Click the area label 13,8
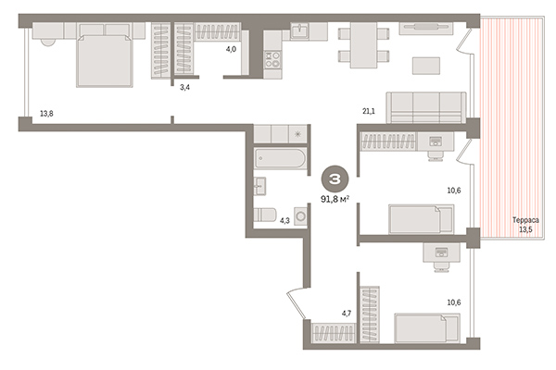(x=45, y=115)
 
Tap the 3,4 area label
(x=185, y=87)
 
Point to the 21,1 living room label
(x=369, y=112)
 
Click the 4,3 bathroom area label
(x=285, y=221)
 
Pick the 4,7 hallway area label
(x=347, y=314)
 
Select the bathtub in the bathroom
(x=279, y=159)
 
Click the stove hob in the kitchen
(x=273, y=61)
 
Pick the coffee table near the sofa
(x=427, y=68)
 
